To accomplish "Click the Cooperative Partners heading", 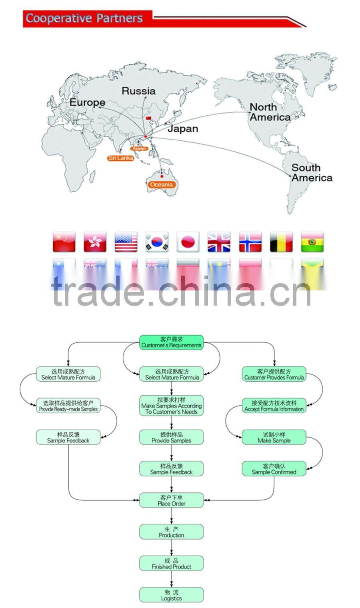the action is tap(84, 18).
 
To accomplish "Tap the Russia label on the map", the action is tap(138, 91).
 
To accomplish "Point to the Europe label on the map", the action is tap(87, 102).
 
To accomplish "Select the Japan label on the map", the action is tap(182, 128).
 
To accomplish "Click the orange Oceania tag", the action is tap(161, 184).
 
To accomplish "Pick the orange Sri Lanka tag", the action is tap(120, 158).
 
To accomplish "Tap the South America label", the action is tap(311, 173).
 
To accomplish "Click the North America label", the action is tap(270, 112).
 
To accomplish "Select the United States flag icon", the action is tap(126, 242).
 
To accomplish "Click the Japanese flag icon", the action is tap(188, 242).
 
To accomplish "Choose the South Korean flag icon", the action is tap(157, 242).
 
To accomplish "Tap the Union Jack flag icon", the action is tap(219, 242).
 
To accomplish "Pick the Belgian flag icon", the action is tap(281, 242).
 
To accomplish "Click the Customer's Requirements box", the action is tap(171, 342).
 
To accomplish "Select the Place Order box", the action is tap(171, 500).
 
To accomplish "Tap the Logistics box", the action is tap(171, 595).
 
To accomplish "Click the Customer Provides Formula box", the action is tap(274, 374).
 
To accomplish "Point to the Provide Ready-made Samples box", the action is tap(68, 406).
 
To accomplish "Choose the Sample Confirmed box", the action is tap(274, 469).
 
